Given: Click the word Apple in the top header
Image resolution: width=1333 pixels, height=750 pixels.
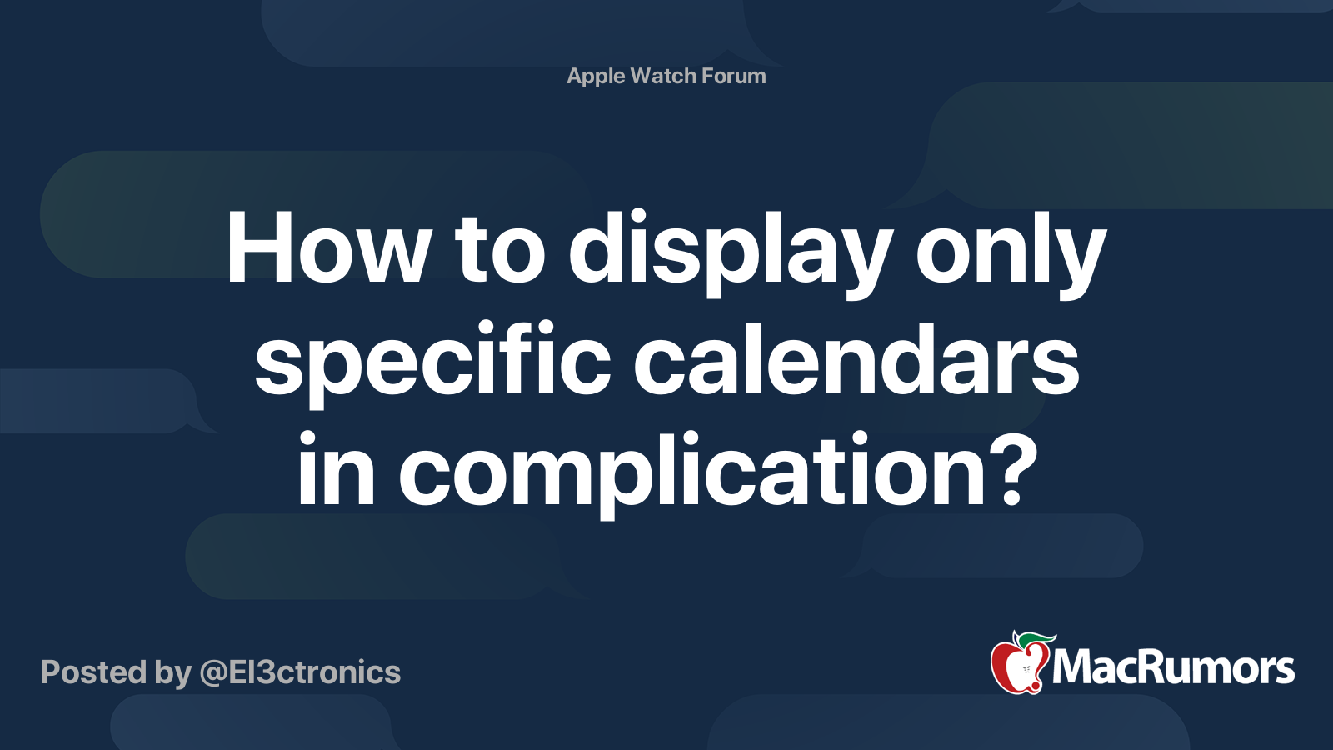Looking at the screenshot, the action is coord(596,77).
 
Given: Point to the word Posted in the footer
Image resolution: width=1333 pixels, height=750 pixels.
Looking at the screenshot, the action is coord(94,672).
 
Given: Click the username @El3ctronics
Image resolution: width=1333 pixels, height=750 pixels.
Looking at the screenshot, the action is coord(300,672).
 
